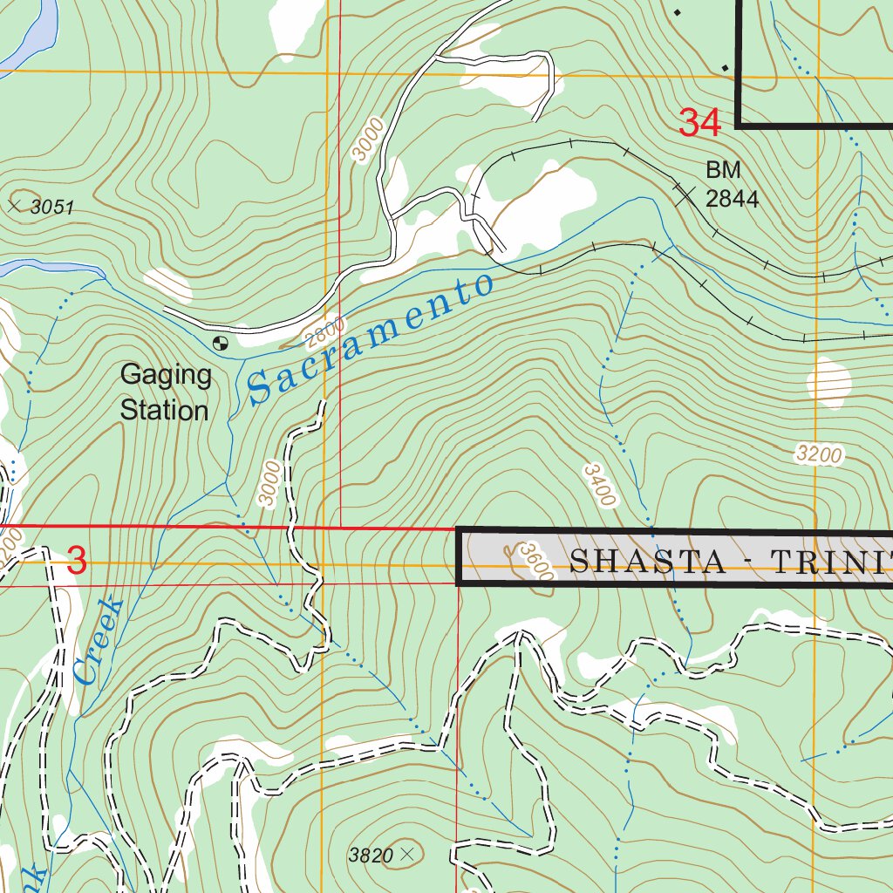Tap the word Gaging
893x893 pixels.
[x=166, y=376]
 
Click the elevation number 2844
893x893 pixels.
[x=732, y=199]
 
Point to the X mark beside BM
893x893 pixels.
[x=686, y=194]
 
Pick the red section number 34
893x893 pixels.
[x=700, y=123]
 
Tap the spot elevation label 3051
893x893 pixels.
[x=52, y=208]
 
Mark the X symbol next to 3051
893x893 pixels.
[x=13, y=206]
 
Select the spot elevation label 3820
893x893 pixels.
[x=371, y=856]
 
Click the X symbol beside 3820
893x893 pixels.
[x=406, y=855]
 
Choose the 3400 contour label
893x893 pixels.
[x=600, y=485]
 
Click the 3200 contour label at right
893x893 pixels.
[x=819, y=453]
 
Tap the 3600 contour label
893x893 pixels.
[x=535, y=562]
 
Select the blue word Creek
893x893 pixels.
[x=97, y=641]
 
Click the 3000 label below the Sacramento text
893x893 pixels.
[x=270, y=483]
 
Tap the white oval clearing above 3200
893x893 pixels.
[x=828, y=382]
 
